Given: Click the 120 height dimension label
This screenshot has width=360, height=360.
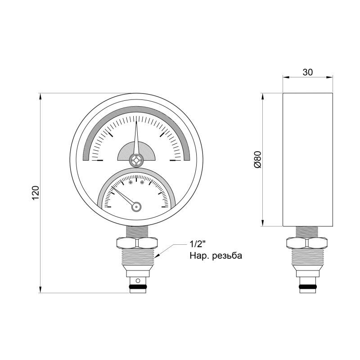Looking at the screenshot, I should click(x=36, y=193).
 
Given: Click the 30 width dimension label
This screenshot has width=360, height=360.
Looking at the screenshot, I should click(x=307, y=72).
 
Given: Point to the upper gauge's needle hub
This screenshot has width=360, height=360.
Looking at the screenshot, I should click(x=136, y=159).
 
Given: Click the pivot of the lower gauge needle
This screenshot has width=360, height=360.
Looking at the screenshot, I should click(x=137, y=207).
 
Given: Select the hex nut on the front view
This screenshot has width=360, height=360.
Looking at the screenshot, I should click(x=136, y=243).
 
